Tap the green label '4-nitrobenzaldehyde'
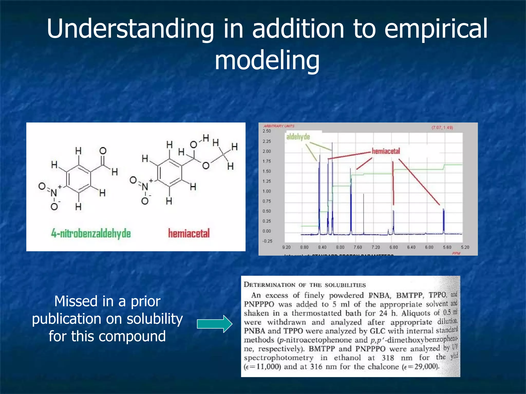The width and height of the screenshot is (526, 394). click(x=91, y=233)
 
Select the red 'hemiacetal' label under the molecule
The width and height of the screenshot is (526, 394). click(x=189, y=233)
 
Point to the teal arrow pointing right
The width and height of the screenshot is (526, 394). click(x=214, y=324)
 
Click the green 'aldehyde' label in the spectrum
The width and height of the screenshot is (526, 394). click(x=298, y=137)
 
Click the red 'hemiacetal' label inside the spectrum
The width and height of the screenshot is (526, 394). click(x=386, y=151)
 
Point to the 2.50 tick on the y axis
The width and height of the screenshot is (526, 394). click(x=267, y=131)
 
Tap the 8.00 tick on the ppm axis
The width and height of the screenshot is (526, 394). click(x=340, y=247)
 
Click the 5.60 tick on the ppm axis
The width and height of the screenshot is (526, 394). click(x=447, y=247)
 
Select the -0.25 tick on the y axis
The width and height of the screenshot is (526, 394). click(x=267, y=241)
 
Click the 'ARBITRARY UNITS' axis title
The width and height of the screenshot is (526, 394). click(x=279, y=126)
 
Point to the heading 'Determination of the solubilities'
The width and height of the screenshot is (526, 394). click(x=305, y=285)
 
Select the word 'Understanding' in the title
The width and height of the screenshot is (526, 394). click(x=130, y=29)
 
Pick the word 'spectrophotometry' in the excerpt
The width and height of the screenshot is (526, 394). click(x=279, y=358)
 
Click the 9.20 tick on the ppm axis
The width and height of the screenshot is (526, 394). click(x=286, y=247)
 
